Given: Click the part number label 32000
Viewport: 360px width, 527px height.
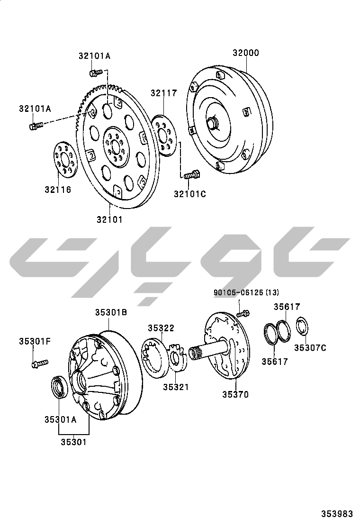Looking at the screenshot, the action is click(x=246, y=53).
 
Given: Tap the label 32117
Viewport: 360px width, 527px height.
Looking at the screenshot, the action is click(x=163, y=93).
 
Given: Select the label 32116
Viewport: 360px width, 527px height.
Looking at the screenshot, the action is click(x=58, y=190).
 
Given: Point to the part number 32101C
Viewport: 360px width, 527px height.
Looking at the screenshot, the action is click(x=190, y=194).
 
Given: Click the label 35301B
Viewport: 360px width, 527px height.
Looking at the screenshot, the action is click(x=111, y=312).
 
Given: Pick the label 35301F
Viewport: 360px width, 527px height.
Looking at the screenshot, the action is click(x=34, y=342).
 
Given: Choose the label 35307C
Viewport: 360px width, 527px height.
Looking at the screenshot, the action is click(x=310, y=348).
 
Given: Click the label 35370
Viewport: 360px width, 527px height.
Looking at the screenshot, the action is click(x=235, y=394).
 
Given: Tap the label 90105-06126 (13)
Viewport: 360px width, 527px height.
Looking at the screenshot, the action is click(x=246, y=292).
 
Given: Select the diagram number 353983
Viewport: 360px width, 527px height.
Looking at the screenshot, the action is click(x=337, y=514).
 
